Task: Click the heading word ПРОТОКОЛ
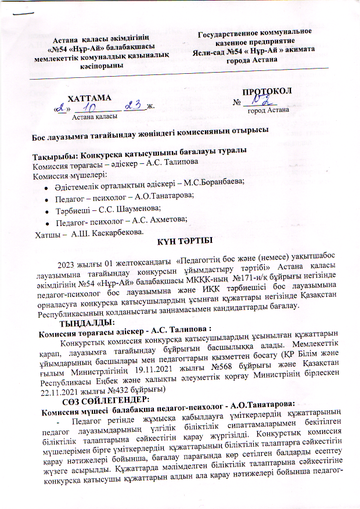click(x=267, y=92)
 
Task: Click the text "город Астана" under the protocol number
click(x=267, y=110)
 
